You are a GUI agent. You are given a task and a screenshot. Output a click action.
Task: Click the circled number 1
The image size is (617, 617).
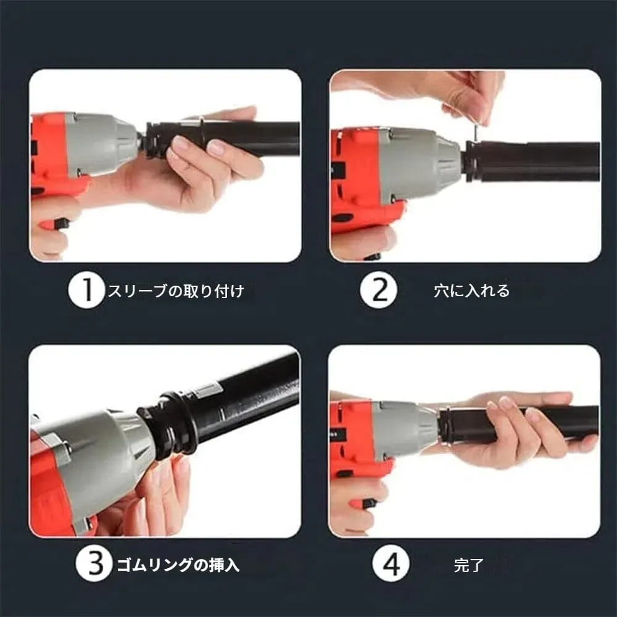click(86, 291)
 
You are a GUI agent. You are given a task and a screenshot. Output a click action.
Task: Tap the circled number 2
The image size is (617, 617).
click(379, 291)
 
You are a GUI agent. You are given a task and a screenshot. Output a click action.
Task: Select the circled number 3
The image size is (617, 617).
click(94, 564)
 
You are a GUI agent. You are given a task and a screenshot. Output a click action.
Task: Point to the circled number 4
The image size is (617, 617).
click(391, 564)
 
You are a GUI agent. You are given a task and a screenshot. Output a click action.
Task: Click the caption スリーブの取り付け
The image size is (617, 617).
click(176, 291)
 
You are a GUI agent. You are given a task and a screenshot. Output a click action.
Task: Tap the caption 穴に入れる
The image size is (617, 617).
click(471, 291)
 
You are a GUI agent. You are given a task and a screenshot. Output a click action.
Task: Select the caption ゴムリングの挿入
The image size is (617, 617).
click(178, 565)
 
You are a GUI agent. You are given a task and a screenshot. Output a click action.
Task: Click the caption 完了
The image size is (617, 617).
click(468, 565)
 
